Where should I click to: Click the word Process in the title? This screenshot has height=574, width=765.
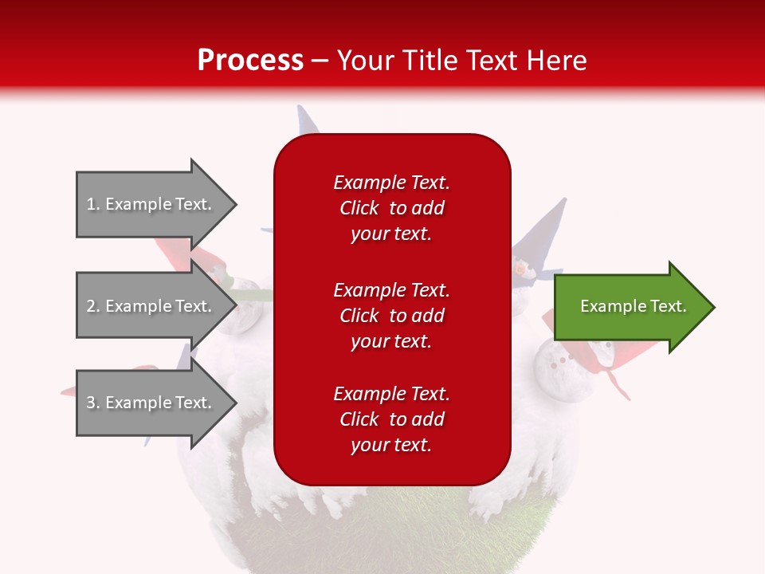point(250,61)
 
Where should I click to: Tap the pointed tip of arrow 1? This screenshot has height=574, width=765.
point(235,204)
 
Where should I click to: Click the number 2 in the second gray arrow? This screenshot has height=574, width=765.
point(91,306)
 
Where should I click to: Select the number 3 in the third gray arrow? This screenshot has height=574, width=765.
point(91,403)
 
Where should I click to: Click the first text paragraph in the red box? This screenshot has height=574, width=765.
point(391,208)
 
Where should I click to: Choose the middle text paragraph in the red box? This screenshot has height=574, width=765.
point(391,316)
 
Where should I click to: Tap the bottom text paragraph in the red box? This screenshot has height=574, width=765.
point(391,419)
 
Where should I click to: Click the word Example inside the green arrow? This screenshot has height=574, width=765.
point(607,306)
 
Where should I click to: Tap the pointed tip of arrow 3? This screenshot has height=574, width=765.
point(235,403)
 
